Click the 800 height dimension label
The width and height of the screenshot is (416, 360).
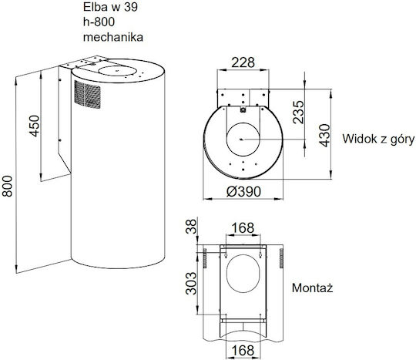coord(7,186)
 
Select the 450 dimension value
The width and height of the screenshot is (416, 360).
coord(34,126)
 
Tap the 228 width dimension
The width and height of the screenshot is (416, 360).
coord(243,62)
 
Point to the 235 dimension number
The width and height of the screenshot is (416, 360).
coord(298,112)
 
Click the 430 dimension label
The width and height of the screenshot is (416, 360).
coord(325,136)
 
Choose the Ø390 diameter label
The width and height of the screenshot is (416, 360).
coord(243,191)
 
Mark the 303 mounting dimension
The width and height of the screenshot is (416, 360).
coord(191,283)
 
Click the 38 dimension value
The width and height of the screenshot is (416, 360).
coord(192,226)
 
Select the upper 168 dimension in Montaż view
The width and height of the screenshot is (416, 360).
coord(243,227)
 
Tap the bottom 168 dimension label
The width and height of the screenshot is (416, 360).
coord(243,350)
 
